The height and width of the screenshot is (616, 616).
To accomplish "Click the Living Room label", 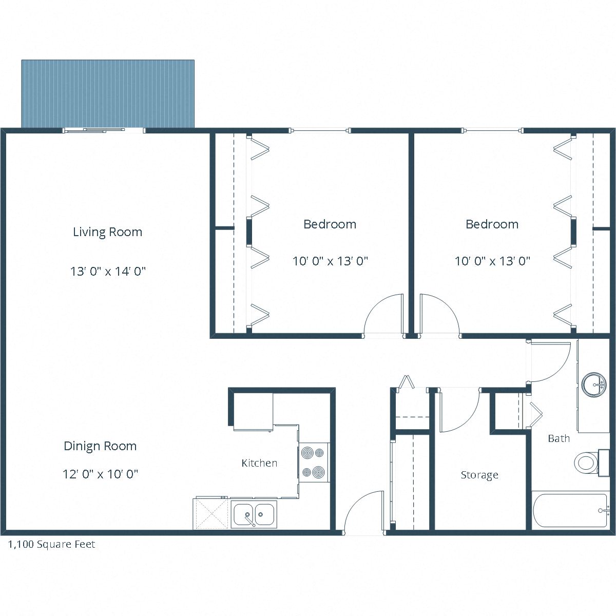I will pos(107,232).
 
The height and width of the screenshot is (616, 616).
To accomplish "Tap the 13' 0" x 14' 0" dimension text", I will pos(108,271).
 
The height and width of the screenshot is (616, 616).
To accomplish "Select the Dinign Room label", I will pos(100,446).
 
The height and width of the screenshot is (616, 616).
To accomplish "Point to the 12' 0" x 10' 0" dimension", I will pos(100,474).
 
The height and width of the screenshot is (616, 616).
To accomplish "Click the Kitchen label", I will pos(259,463).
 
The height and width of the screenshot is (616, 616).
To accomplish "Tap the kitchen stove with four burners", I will pos(314,462).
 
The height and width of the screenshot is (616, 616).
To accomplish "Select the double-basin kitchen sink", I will pos(254,514).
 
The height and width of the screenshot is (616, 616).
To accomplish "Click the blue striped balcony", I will pos(108,93).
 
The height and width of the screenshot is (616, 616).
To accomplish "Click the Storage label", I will pos(479,475).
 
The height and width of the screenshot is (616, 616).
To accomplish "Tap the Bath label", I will pos(559,438).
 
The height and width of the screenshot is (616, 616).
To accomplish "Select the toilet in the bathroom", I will pos(586,463).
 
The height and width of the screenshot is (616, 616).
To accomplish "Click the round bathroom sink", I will pos(595,384).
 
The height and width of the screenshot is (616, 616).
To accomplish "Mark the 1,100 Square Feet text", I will pos(51,545).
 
